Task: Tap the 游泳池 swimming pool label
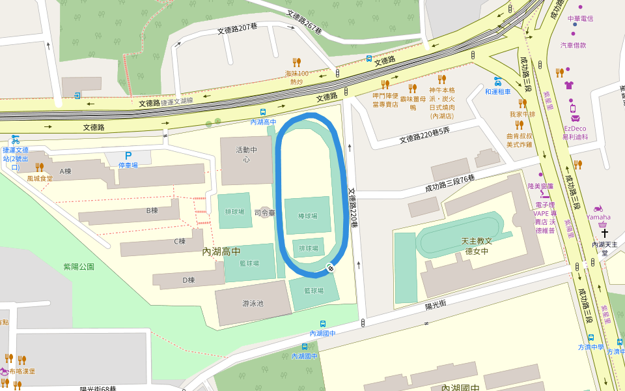tap(253, 303)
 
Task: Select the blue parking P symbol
tap(128, 156)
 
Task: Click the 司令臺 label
tap(265, 212)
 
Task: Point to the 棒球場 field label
tap(307, 216)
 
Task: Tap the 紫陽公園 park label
tap(79, 267)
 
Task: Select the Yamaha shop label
tap(598, 217)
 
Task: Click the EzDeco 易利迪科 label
tap(576, 133)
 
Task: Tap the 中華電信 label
tap(580, 18)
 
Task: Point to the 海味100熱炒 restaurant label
tap(297, 78)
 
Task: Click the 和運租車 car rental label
tap(497, 92)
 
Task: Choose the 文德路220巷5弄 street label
tap(424, 138)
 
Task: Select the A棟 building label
tap(65, 171)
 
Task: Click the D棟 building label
tap(188, 280)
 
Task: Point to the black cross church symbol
tap(605, 233)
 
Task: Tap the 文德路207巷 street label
tap(238, 29)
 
